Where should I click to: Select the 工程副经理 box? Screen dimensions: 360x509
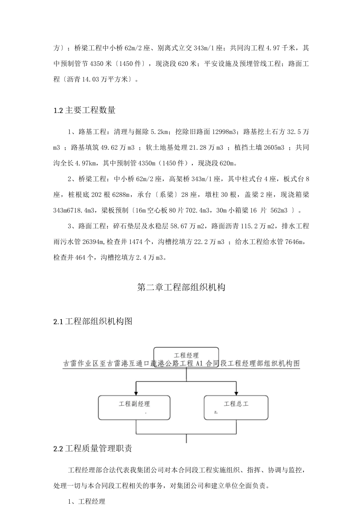(x=134, y=407)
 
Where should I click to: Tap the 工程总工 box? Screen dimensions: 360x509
(x=236, y=407)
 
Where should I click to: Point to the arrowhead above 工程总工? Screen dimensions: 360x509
(x=236, y=392)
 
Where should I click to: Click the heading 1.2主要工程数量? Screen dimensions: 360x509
(x=85, y=111)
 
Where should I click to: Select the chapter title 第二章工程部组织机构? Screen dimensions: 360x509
(x=181, y=287)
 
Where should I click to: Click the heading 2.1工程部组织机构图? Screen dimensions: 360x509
(x=93, y=322)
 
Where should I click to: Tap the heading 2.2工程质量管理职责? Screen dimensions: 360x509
(x=93, y=449)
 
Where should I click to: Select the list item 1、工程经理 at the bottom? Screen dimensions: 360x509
(x=86, y=502)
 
